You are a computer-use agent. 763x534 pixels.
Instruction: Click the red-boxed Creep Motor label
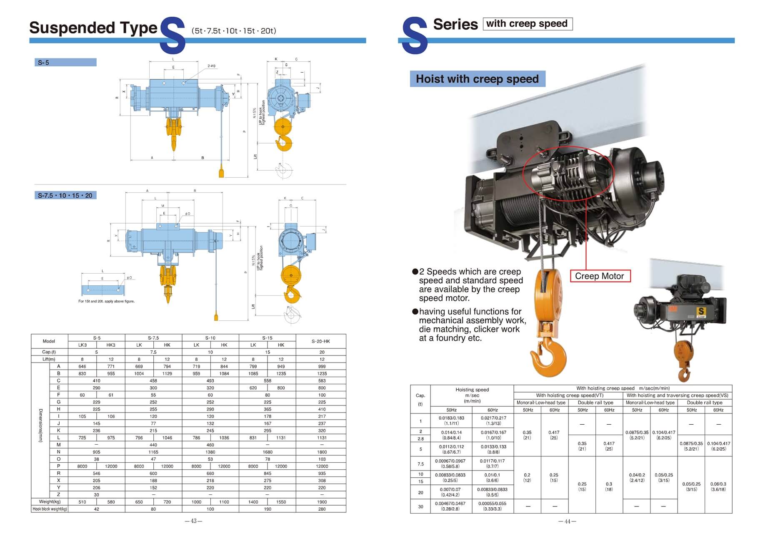click(599, 276)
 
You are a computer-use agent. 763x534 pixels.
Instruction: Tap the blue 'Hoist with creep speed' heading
click(477, 79)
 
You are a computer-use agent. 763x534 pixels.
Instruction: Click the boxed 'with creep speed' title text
click(527, 24)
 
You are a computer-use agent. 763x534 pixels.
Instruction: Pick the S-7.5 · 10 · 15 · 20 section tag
click(65, 195)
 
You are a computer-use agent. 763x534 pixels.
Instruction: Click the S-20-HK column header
click(320, 341)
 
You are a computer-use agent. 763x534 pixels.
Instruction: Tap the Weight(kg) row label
click(49, 502)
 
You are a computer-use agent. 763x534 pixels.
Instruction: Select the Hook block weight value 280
click(322, 509)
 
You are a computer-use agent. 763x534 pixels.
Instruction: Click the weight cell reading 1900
click(322, 502)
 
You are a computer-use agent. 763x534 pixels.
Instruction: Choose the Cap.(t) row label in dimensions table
click(49, 352)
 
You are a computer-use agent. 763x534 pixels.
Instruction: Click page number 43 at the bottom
click(193, 521)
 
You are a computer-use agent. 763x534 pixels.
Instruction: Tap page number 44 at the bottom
click(567, 521)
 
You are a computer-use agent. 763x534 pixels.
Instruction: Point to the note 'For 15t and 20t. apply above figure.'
click(106, 301)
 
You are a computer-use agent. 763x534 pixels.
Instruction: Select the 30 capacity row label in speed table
click(420, 506)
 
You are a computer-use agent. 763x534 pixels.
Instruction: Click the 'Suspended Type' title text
click(93, 28)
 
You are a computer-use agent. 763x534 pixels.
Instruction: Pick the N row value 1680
click(267, 452)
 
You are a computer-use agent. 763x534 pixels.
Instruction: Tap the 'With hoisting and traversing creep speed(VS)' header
click(677, 395)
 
